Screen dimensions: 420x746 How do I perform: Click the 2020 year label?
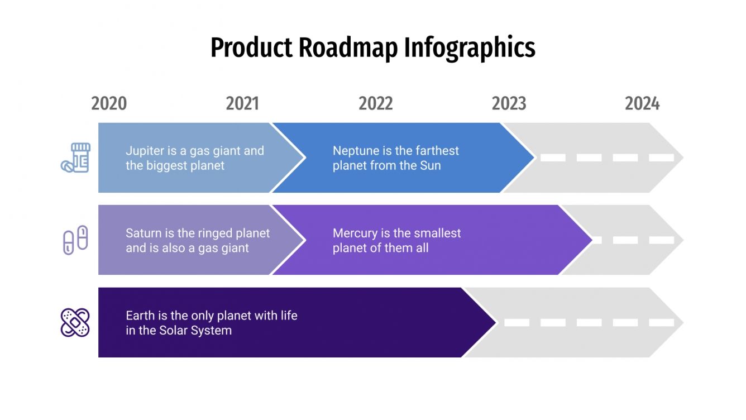point(109,104)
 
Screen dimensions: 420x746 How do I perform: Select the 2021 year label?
point(242,104)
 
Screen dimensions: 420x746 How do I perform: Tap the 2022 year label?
point(376,104)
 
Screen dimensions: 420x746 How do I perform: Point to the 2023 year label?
point(509,104)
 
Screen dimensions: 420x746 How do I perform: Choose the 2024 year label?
point(642,104)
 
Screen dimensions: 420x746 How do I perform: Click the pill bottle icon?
point(76,157)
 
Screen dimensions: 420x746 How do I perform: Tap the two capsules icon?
point(75,240)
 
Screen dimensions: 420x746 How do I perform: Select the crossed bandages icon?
point(75,322)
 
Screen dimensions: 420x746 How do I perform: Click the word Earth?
point(140,316)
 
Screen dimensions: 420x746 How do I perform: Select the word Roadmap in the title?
point(348,47)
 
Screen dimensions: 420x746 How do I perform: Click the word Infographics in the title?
point(470,47)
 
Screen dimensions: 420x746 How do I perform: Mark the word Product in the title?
point(251,47)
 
